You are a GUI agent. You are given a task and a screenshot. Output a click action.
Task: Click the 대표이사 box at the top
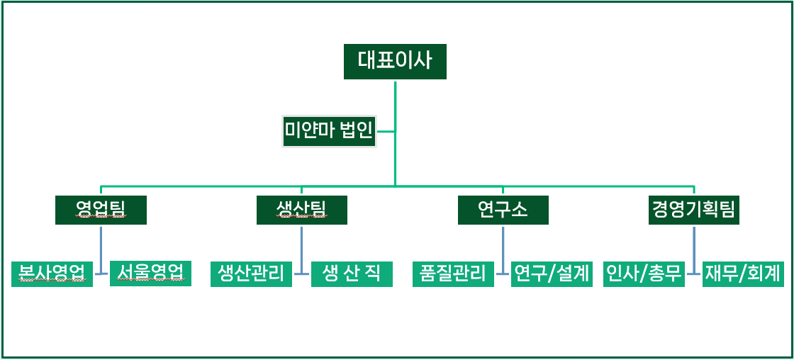click(x=395, y=62)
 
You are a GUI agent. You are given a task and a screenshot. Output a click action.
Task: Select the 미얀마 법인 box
click(x=329, y=132)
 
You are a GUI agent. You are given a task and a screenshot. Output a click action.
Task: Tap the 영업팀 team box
click(x=101, y=210)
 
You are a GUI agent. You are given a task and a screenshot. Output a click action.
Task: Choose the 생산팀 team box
click(x=302, y=210)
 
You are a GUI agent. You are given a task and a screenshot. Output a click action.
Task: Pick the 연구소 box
click(x=503, y=210)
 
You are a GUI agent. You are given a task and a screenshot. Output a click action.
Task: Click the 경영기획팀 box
click(x=694, y=210)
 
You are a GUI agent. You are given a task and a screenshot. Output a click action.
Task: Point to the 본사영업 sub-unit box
click(x=52, y=274)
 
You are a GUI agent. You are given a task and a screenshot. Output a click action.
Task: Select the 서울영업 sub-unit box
click(x=150, y=274)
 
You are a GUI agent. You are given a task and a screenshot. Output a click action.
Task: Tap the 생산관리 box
click(x=251, y=274)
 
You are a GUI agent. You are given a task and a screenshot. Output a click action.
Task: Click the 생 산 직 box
click(x=352, y=274)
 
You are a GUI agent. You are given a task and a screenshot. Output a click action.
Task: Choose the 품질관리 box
click(x=453, y=274)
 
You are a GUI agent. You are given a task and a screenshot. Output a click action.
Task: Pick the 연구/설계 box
click(x=552, y=274)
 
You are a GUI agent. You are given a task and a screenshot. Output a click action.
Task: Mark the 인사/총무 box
click(x=644, y=274)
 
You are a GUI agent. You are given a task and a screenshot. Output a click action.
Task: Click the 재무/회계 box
click(x=744, y=274)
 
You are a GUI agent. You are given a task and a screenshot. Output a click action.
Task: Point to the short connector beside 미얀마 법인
click(x=386, y=132)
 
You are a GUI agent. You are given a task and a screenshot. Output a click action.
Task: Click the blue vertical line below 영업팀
click(x=101, y=250)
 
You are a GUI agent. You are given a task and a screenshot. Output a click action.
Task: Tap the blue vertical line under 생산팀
click(x=302, y=250)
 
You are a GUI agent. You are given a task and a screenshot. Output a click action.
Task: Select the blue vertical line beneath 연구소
click(x=503, y=250)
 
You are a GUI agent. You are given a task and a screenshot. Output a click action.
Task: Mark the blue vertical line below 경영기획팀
click(x=694, y=250)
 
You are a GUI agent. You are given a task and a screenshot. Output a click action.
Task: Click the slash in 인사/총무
click(x=644, y=274)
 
